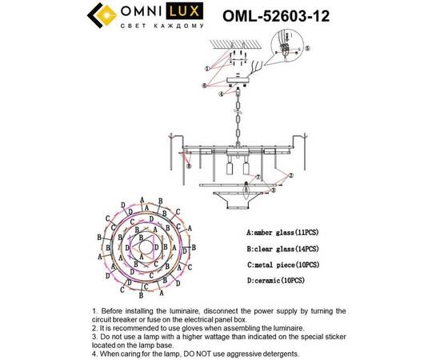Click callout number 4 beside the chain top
click(220, 94)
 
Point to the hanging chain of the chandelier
click(237, 116)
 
